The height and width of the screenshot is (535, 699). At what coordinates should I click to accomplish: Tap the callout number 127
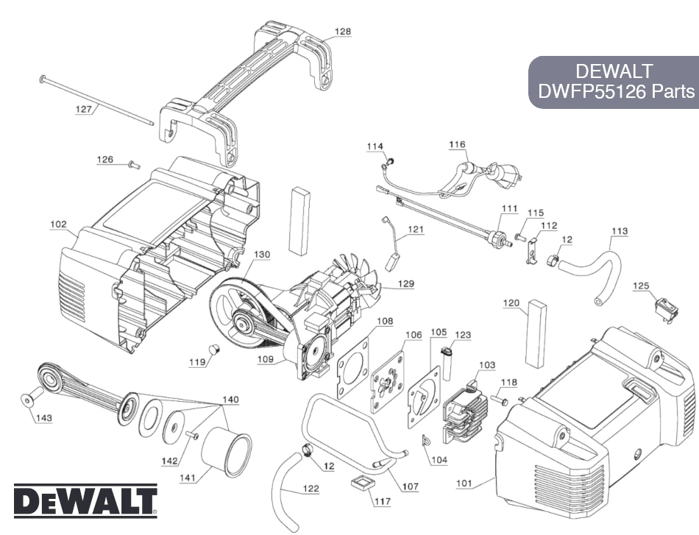(x=85, y=109)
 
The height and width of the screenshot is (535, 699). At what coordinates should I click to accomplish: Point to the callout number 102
(x=59, y=224)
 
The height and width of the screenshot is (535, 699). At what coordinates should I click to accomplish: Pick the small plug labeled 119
(x=216, y=348)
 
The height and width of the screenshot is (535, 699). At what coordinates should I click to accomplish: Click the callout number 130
(x=262, y=255)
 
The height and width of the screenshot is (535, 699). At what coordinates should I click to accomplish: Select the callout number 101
(x=464, y=483)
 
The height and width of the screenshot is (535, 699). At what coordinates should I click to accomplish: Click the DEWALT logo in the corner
(x=85, y=500)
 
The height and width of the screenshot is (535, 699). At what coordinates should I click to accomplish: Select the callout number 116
(x=457, y=146)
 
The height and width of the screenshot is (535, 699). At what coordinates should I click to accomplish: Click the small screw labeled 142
(x=194, y=436)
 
